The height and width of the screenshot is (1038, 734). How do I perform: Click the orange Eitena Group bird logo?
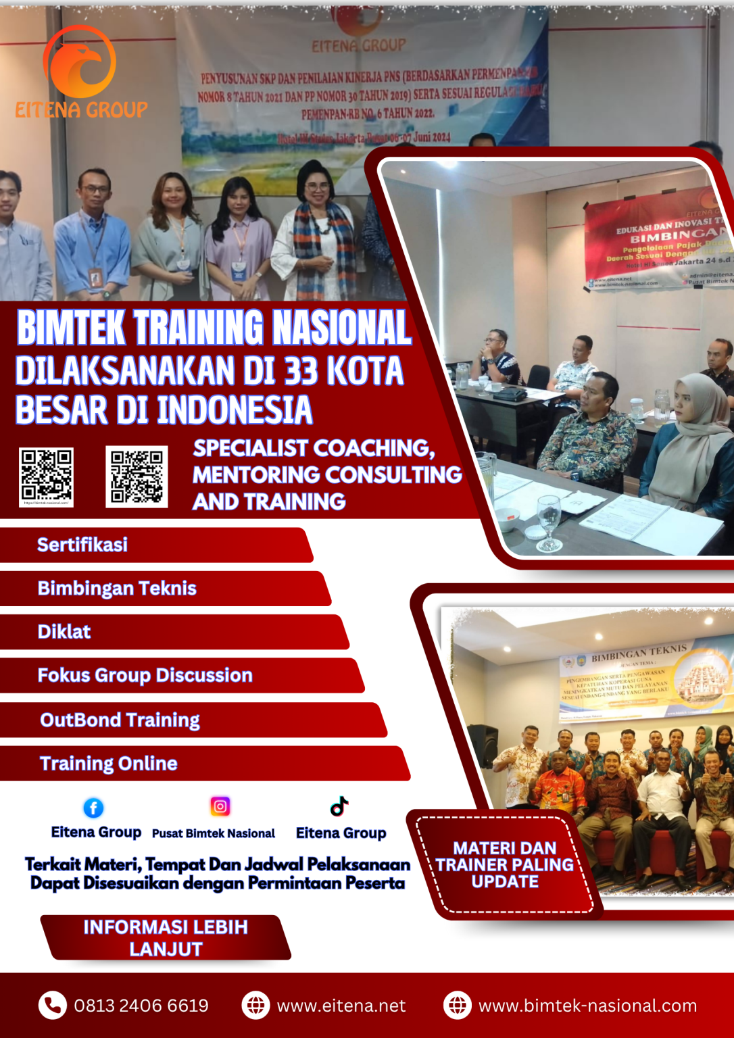[x=80, y=62]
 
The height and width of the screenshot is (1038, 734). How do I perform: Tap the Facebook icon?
[x=93, y=808]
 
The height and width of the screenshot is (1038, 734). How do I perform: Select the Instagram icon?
[x=220, y=806]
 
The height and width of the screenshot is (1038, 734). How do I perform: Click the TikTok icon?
[x=339, y=806]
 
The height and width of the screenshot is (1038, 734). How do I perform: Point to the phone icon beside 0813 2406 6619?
[x=52, y=1006]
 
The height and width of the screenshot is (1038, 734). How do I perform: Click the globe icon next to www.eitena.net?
[x=255, y=1006]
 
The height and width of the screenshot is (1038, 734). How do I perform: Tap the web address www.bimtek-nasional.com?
[x=587, y=1006]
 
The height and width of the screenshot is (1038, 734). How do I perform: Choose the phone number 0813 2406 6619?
[x=141, y=1006]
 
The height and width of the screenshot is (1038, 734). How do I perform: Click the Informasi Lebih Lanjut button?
[x=166, y=938]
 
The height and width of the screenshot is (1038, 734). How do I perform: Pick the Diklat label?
[x=64, y=632]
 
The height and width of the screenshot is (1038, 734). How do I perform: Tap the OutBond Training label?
[x=120, y=720]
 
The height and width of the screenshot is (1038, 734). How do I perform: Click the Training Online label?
[x=109, y=764]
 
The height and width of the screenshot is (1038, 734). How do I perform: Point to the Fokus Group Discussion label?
[x=145, y=675]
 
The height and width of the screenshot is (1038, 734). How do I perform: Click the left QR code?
[x=46, y=476]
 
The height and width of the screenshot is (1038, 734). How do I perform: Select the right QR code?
[x=137, y=476]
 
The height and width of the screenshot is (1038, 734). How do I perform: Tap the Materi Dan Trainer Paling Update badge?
[x=505, y=865]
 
